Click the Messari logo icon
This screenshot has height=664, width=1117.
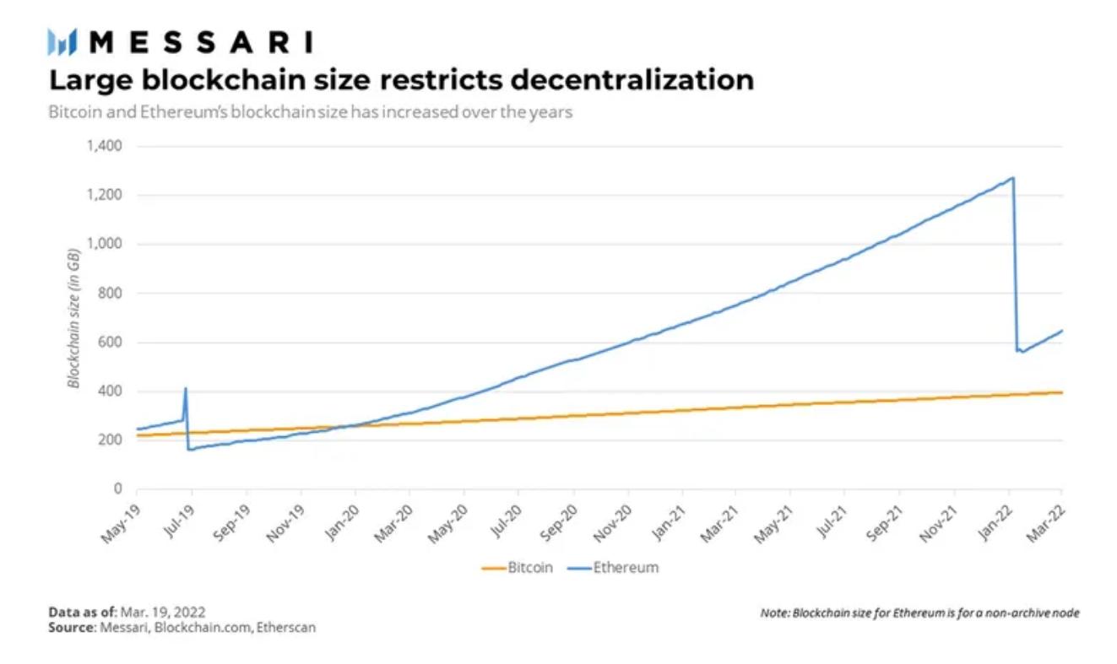click(x=62, y=41)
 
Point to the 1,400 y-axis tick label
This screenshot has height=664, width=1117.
click(x=104, y=147)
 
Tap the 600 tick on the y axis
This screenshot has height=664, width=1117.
click(x=111, y=343)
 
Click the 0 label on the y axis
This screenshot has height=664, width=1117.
click(x=118, y=489)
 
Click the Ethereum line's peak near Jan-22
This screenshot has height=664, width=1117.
click(x=1012, y=178)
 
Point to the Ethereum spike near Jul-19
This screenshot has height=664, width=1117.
click(x=186, y=389)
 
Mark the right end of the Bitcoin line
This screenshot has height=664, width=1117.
click(x=1060, y=392)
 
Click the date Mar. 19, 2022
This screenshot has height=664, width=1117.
click(x=163, y=612)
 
